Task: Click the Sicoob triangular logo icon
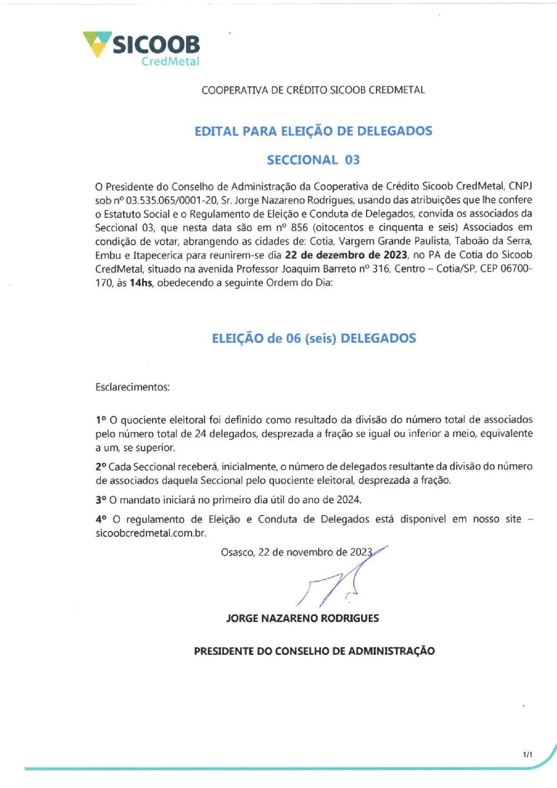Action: (97, 43)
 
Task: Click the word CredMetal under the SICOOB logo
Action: (170, 61)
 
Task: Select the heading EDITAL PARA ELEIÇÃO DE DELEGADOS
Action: (313, 131)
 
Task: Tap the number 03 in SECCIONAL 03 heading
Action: (352, 160)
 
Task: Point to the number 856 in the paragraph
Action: (299, 227)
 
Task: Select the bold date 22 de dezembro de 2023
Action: (346, 255)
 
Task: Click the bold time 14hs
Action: (141, 283)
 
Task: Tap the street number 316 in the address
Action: (381, 269)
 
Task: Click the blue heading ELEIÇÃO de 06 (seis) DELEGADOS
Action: (314, 338)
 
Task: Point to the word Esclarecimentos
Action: (133, 387)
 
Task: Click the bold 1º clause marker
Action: (101, 420)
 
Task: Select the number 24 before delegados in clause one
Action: (201, 434)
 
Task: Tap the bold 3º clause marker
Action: (101, 500)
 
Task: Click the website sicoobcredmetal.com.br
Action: (150, 533)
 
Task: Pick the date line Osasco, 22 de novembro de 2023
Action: (296, 552)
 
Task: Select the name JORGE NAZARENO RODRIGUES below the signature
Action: (302, 618)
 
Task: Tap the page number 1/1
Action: (527, 755)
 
